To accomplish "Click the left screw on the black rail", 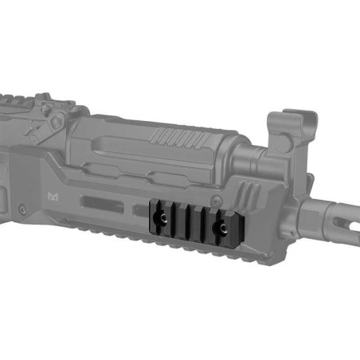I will click(159, 216).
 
